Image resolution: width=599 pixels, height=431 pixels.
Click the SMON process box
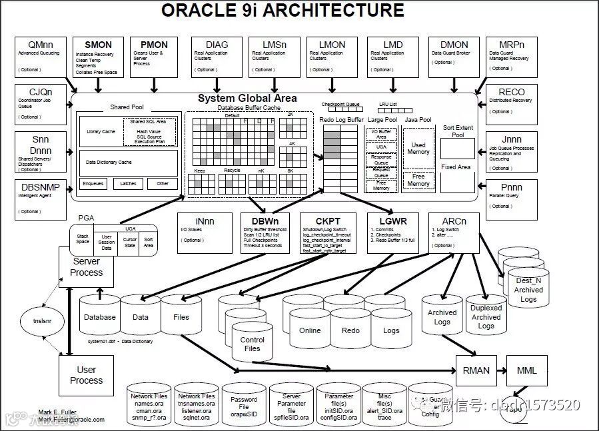tap(98, 57)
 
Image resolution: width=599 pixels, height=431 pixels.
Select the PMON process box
tap(154, 57)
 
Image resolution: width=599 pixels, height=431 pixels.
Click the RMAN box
tap(475, 370)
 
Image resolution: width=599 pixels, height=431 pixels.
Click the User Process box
tap(86, 375)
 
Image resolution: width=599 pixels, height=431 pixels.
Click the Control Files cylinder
tap(252, 342)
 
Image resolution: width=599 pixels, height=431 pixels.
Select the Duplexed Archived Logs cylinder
tap(486, 315)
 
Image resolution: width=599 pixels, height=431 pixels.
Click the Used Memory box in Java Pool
tap(418, 149)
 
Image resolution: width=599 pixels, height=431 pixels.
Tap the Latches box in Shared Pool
tap(128, 184)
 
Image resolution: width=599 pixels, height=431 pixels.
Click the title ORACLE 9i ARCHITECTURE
tap(283, 11)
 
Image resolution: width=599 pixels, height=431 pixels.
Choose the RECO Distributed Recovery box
tap(511, 104)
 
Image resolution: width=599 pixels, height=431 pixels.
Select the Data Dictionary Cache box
tap(129, 162)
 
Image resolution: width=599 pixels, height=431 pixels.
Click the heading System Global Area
tap(247, 99)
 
